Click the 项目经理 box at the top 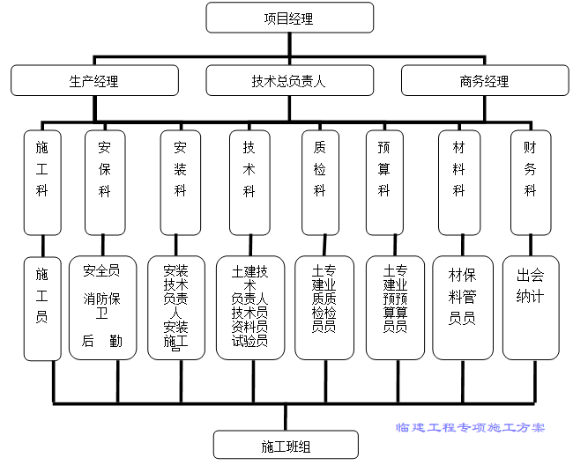click(x=289, y=18)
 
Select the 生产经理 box click(x=93, y=81)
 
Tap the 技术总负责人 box click(x=289, y=81)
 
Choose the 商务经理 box click(x=484, y=81)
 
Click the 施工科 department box click(x=42, y=182)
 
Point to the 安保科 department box click(x=105, y=182)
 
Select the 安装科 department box click(x=180, y=182)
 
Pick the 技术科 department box click(x=249, y=182)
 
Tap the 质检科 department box click(x=320, y=182)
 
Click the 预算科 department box click(x=384, y=182)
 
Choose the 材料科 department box click(x=458, y=182)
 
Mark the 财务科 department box click(x=530, y=182)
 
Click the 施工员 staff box click(x=42, y=308)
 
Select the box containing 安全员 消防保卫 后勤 click(x=103, y=308)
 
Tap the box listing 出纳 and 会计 click(x=530, y=308)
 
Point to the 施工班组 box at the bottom click(x=286, y=445)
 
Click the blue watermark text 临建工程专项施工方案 click(x=470, y=427)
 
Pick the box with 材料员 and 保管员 click(x=462, y=308)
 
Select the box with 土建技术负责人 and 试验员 click(x=249, y=308)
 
